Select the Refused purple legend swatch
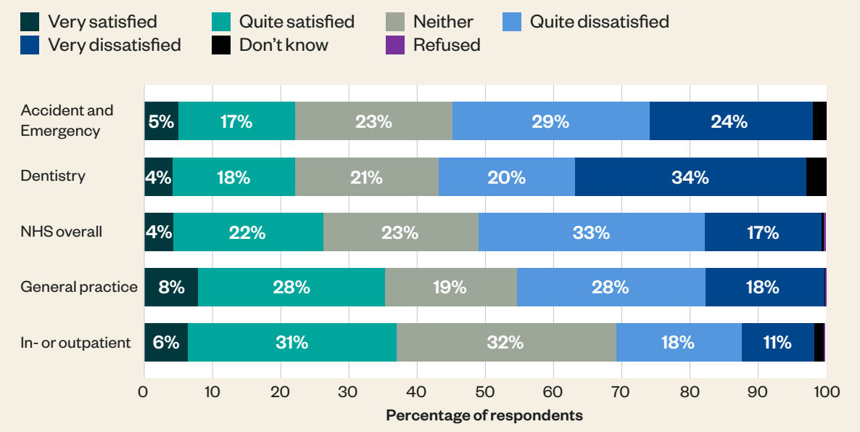[394, 45]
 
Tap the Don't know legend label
[284, 45]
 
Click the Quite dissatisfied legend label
[599, 22]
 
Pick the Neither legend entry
[443, 22]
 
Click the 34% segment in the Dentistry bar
[690, 176]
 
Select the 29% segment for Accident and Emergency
[550, 121]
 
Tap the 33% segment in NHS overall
[591, 232]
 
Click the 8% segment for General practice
[171, 287]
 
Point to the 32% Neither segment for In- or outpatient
[505, 342]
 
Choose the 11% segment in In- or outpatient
[777, 342]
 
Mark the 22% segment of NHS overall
[248, 232]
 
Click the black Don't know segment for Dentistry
[816, 176]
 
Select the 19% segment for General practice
[450, 287]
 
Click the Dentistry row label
[53, 176]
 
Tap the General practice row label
[79, 287]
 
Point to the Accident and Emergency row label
[67, 121]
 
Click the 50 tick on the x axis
[485, 393]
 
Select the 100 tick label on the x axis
[826, 393]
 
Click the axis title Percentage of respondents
[484, 416]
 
